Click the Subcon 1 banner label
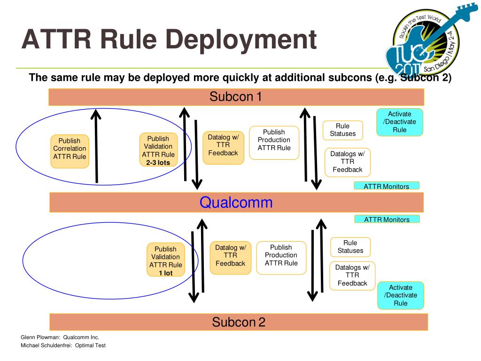236,97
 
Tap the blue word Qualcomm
236,203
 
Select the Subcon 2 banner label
239,322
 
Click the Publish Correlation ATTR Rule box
70,151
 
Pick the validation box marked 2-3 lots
158,149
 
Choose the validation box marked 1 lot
166,259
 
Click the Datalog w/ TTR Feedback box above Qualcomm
223,148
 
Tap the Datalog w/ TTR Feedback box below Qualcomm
231,258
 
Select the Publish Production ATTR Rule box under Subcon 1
274,143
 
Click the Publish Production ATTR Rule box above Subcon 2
281,258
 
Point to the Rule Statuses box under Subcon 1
342,130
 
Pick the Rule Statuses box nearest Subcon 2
350,247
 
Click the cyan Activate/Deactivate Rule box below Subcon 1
400,122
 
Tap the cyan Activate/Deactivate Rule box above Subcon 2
401,295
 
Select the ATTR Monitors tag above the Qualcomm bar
387,186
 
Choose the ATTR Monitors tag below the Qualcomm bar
387,219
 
